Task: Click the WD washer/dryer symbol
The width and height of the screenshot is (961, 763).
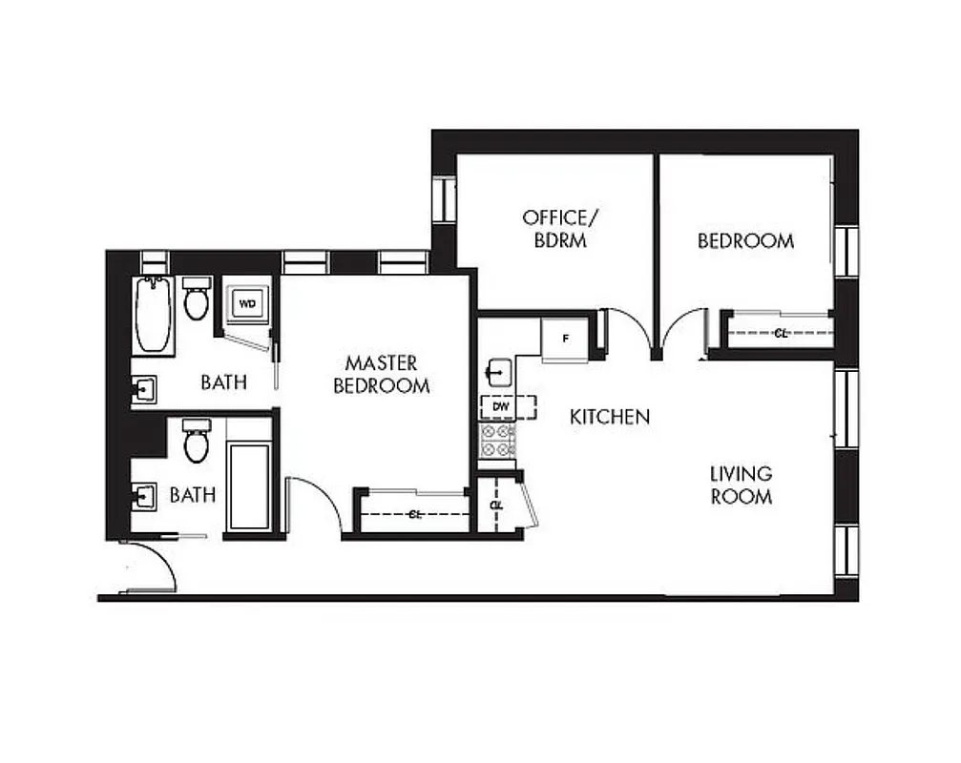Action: (x=247, y=304)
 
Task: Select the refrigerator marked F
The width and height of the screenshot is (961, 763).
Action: (x=564, y=338)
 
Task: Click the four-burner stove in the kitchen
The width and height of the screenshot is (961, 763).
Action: (x=497, y=441)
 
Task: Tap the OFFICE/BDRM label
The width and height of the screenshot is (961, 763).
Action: (x=554, y=229)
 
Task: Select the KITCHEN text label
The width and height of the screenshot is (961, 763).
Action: (x=610, y=417)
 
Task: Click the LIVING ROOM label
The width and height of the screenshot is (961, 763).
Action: (x=741, y=485)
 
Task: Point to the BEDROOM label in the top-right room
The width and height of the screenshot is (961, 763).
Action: (x=745, y=241)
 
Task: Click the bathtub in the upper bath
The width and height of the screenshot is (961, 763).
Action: (x=153, y=315)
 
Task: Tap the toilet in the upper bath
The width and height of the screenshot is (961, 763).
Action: (x=197, y=299)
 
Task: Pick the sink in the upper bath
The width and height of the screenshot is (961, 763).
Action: (x=144, y=389)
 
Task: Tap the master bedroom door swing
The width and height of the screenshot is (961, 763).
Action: (x=315, y=503)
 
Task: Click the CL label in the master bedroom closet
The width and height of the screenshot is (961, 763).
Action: (x=414, y=514)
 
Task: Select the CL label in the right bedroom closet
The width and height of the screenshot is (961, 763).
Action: (x=781, y=333)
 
